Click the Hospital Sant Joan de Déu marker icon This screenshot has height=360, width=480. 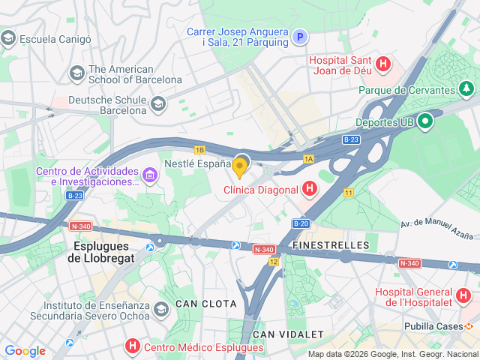click(383, 64)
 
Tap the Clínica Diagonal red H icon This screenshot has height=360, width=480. click(310, 190)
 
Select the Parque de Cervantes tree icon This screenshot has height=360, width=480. click(467, 90)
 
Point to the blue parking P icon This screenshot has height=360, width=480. click(300, 37)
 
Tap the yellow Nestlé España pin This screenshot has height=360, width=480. click(240, 166)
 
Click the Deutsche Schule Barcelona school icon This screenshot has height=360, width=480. click(157, 104)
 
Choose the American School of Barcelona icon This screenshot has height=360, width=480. click(77, 73)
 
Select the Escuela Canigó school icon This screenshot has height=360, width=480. click(9, 38)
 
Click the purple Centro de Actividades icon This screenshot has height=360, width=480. click(150, 176)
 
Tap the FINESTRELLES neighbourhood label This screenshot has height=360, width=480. click(332, 245)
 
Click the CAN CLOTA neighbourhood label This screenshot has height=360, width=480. click(205, 304)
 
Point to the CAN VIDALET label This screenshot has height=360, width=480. click(288, 334)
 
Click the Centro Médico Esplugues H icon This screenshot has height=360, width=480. click(133, 347)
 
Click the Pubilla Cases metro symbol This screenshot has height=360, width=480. click(469, 327)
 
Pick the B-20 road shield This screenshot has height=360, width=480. click(301, 223)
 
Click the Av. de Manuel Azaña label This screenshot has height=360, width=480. click(439, 223)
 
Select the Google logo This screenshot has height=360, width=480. click(25, 351)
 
